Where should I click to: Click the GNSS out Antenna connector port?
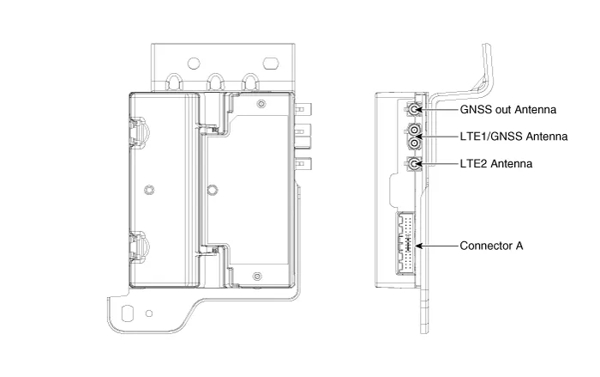tap(414, 110)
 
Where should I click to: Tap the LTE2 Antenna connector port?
tap(414, 163)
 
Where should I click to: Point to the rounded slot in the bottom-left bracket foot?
tap(129, 313)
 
